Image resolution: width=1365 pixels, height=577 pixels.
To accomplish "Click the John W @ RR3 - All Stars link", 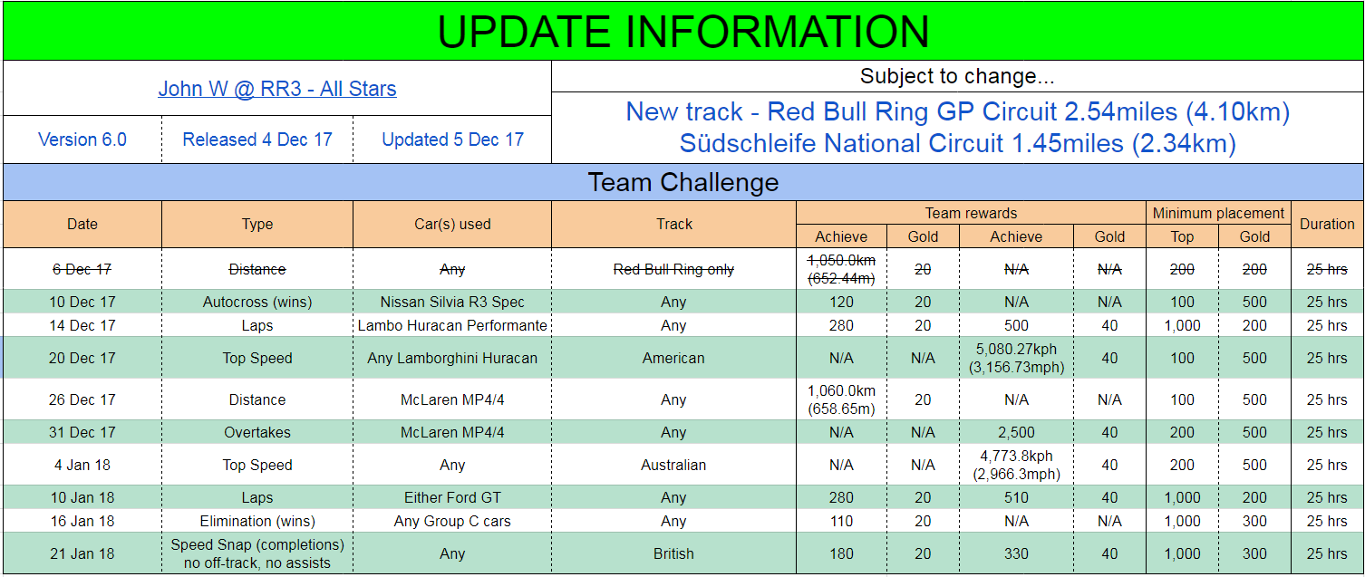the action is pyautogui.click(x=277, y=89).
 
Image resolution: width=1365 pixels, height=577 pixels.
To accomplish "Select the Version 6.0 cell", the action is pyautogui.click(x=82, y=139).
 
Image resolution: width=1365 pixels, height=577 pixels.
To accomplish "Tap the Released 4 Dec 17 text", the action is pyautogui.click(x=257, y=139).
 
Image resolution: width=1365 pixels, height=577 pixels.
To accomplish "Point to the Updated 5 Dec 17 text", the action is pyautogui.click(x=452, y=139).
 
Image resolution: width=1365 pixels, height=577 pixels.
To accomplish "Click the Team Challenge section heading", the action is pyautogui.click(x=683, y=182).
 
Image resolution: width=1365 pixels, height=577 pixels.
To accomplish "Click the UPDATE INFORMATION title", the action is pyautogui.click(x=683, y=32).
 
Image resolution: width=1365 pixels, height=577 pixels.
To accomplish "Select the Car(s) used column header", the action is pyautogui.click(x=452, y=225).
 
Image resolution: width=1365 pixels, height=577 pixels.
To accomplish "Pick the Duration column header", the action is pyautogui.click(x=1327, y=225).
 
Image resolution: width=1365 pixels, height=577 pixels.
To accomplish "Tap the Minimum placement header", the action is pyautogui.click(x=1218, y=213).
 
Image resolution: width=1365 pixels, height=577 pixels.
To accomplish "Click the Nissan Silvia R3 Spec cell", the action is pyautogui.click(x=452, y=303).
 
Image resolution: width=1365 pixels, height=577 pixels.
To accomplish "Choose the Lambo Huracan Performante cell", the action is pyautogui.click(x=452, y=325).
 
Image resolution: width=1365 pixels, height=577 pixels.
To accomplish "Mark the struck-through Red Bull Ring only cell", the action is pyautogui.click(x=673, y=269).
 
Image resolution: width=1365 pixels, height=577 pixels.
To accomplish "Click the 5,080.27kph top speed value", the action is pyautogui.click(x=1016, y=349).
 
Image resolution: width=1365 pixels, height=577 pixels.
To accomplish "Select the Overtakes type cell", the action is pyautogui.click(x=257, y=433).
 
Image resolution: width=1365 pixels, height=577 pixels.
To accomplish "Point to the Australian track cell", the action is pyautogui.click(x=673, y=466).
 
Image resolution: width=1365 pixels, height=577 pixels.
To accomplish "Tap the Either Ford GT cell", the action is pyautogui.click(x=452, y=498).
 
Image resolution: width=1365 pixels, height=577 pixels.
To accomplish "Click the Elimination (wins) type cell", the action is pyautogui.click(x=257, y=522).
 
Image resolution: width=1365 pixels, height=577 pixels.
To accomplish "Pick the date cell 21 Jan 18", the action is pyautogui.click(x=82, y=553).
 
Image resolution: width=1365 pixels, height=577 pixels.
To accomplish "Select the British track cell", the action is pyautogui.click(x=673, y=553).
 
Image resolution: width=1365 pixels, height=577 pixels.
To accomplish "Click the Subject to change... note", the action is pyautogui.click(x=957, y=76).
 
